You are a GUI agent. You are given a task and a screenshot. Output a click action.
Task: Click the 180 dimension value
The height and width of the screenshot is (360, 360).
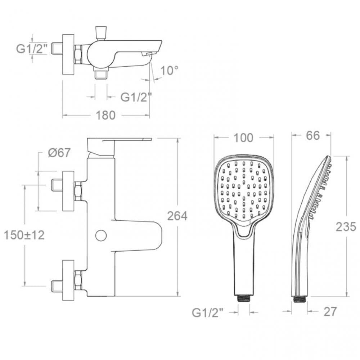105,115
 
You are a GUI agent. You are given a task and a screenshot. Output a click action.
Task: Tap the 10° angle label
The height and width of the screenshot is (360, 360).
169,71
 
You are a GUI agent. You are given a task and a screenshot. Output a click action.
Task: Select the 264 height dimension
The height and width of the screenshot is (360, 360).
177,216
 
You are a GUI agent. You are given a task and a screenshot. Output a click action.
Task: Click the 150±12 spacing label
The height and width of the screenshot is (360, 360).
24,235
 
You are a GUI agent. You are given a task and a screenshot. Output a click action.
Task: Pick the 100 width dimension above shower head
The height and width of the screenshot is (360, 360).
243,138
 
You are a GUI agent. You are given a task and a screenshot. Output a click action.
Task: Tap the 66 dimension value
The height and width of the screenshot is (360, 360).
313,136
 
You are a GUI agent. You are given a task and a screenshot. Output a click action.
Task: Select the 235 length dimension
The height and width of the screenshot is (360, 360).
346,227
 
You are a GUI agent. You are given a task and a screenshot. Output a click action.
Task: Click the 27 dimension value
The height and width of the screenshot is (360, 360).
330,311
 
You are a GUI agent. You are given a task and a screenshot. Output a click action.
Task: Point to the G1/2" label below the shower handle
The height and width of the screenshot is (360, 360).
208,313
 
